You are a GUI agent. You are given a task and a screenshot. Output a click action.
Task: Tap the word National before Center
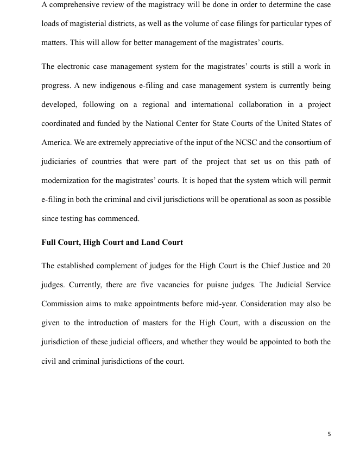[161, 124]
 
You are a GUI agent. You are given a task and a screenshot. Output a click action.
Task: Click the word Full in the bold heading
[50, 243]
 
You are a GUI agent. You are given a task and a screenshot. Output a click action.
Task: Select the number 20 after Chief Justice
[326, 266]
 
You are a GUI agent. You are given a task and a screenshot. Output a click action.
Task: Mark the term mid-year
[244, 304]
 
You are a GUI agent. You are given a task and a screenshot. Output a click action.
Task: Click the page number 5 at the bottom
[329, 434]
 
